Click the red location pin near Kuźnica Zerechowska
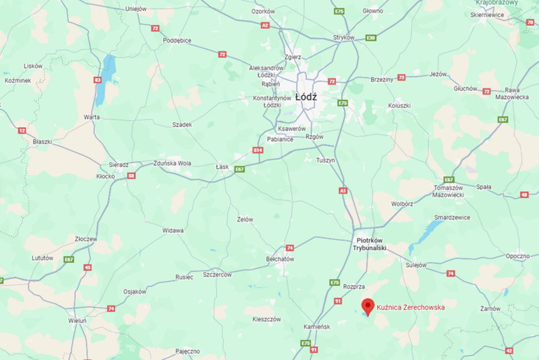point(368,305)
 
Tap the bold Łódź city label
point(306,97)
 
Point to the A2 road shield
point(265,26)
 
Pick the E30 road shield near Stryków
point(372,37)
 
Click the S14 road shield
point(258,150)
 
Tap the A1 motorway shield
point(343,191)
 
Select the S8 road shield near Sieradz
point(132,176)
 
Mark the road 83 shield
point(98,80)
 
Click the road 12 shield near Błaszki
point(22,130)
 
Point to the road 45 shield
point(87,267)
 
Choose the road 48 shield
point(524,195)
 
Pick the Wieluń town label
point(77,321)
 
